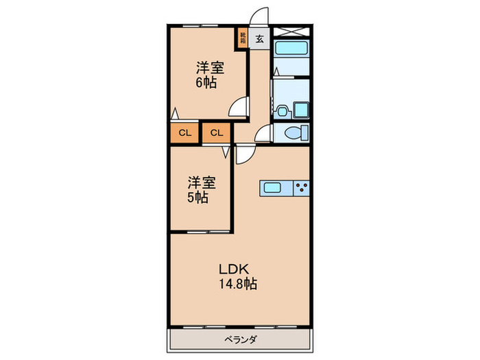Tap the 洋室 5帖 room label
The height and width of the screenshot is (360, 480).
pyautogui.click(x=202, y=190)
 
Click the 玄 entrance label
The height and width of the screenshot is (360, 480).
pyautogui.click(x=260, y=39)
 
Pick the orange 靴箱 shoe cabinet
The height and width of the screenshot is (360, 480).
pyautogui.click(x=243, y=37)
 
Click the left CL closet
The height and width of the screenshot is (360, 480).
pyautogui.click(x=184, y=132)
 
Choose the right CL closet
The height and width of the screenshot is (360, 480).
pyautogui.click(x=217, y=132)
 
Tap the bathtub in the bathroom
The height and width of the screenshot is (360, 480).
pyautogui.click(x=291, y=49)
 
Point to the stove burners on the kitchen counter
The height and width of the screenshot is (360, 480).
pyautogui.click(x=301, y=187)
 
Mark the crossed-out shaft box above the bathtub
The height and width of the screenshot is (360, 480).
pyautogui.click(x=291, y=31)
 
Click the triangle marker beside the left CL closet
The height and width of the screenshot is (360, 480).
pyautogui.click(x=176, y=113)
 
